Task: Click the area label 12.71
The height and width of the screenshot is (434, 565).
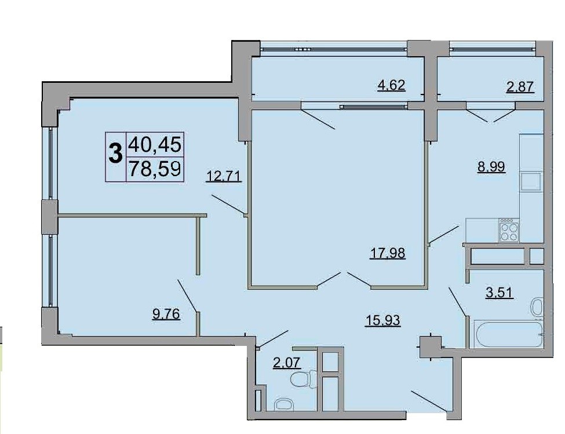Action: (224, 177)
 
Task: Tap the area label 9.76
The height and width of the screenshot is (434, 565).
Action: (166, 315)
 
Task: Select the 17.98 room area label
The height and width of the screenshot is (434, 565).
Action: (388, 253)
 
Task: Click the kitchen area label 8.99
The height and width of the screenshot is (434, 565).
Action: (491, 167)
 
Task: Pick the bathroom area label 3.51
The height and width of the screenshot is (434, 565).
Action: (500, 293)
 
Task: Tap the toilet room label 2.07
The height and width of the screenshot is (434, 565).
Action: (286, 362)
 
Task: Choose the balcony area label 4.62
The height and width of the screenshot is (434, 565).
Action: (391, 85)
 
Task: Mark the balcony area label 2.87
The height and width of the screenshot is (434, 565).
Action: (520, 87)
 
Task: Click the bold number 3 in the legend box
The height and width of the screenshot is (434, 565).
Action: (115, 153)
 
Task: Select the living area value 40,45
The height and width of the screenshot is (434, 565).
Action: (155, 145)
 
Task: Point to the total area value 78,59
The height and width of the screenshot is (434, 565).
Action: (155, 169)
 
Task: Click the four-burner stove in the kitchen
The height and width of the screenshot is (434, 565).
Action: (509, 230)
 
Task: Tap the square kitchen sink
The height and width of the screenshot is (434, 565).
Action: (531, 181)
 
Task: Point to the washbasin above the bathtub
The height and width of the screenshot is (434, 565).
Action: (537, 307)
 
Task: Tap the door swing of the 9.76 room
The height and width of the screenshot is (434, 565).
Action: (187, 295)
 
